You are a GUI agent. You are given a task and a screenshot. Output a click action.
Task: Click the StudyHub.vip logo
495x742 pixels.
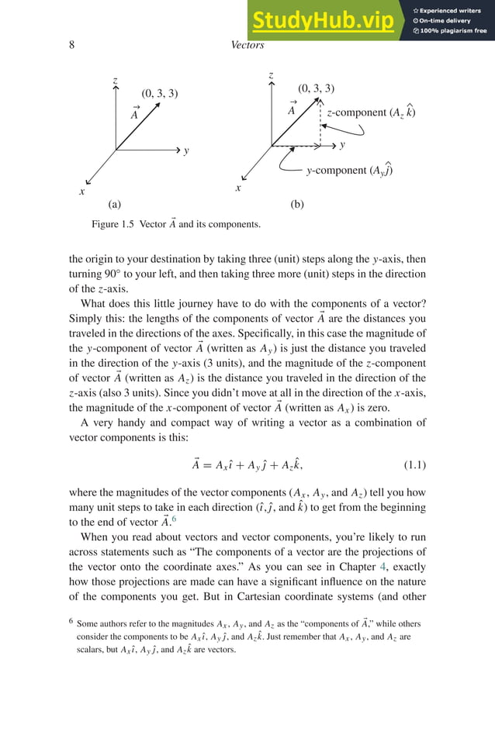coord(321,21)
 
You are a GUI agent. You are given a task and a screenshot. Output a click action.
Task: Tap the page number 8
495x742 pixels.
coord(71,45)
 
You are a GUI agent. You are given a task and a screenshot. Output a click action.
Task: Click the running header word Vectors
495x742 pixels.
coord(247,45)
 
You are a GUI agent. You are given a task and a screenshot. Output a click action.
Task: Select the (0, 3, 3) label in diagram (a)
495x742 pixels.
coord(160,95)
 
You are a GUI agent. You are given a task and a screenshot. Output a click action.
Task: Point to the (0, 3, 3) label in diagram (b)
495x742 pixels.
coord(316,88)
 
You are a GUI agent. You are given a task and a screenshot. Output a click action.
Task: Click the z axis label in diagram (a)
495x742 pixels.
coord(115,81)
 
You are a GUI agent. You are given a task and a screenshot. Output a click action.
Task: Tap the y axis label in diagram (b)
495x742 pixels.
coord(342,145)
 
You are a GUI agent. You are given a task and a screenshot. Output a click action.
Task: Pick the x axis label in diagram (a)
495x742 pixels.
coord(81,191)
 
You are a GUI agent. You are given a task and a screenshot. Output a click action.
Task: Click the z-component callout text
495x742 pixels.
coord(371,112)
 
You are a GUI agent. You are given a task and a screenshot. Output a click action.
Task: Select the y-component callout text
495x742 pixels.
coord(348,171)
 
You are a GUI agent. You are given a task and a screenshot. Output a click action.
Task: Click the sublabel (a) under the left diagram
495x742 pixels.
coord(115,205)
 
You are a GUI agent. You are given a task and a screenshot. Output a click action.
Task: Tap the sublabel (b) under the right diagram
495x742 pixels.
coord(297,205)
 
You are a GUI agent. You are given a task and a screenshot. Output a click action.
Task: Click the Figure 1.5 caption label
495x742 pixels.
coord(112,225)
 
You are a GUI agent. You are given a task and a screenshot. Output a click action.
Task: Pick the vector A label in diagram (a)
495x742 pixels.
coord(136,113)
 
